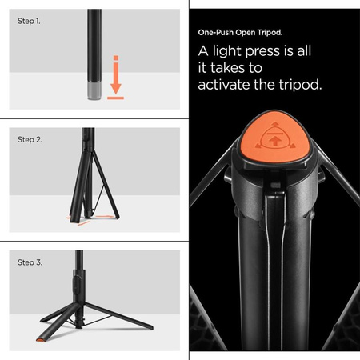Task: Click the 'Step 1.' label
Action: click(29, 21)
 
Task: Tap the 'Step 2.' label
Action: click(30, 139)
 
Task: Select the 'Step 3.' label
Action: click(30, 261)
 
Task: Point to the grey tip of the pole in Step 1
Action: click(94, 93)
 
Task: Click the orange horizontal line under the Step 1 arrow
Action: click(115, 101)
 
